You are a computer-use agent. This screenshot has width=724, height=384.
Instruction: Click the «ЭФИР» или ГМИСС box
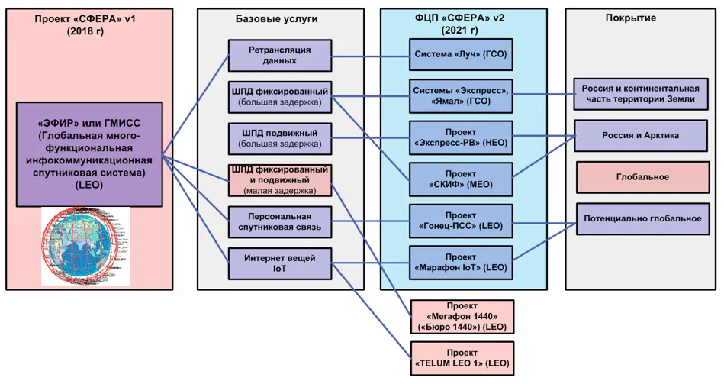pyautogui.click(x=89, y=154)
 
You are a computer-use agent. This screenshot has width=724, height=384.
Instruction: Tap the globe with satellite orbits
pyautogui.click(x=85, y=246)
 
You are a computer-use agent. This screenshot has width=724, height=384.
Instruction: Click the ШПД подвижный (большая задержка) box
pyautogui.click(x=279, y=137)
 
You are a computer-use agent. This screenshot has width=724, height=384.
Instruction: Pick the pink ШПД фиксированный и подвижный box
pyautogui.click(x=279, y=179)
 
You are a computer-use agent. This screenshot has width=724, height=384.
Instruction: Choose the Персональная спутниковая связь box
pyautogui.click(x=279, y=221)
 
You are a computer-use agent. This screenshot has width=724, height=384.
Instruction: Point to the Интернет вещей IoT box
pyautogui.click(x=279, y=262)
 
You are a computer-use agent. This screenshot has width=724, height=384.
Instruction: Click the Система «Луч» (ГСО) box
pyautogui.click(x=460, y=55)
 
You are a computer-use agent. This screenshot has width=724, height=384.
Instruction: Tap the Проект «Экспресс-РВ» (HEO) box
pyautogui.click(x=460, y=137)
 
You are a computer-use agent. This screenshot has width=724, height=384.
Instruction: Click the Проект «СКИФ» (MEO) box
pyautogui.click(x=460, y=179)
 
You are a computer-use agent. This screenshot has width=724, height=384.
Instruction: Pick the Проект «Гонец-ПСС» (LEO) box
pyautogui.click(x=460, y=221)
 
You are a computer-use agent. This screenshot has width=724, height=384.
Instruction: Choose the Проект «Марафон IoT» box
pyautogui.click(x=460, y=262)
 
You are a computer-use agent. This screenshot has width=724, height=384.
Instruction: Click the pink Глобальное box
pyautogui.click(x=642, y=177)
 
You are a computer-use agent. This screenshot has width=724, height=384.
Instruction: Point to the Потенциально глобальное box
pyautogui.click(x=642, y=219)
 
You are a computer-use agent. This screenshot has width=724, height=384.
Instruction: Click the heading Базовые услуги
pyautogui.click(x=280, y=18)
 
